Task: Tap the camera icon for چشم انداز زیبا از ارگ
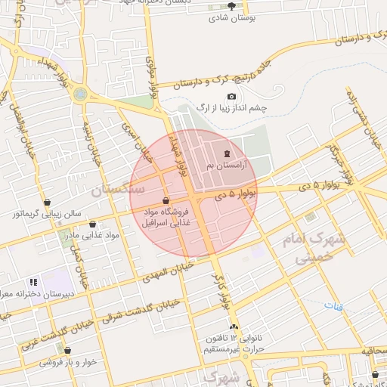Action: (231, 96)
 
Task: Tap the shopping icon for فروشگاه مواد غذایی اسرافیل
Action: (166, 200)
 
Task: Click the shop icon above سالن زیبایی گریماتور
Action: (48, 202)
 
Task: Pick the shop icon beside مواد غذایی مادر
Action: (93, 224)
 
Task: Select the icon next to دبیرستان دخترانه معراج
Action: (33, 282)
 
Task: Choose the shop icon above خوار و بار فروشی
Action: (68, 351)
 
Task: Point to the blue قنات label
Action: (333, 306)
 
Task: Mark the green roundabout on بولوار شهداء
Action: (79, 94)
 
